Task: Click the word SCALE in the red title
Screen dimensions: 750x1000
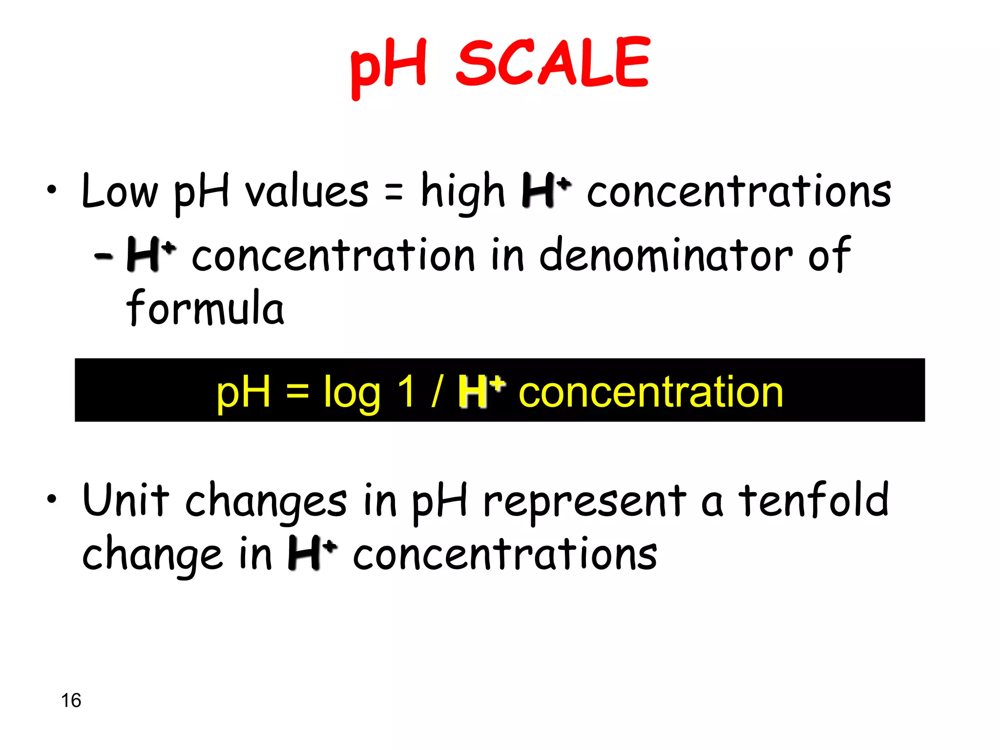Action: click(553, 63)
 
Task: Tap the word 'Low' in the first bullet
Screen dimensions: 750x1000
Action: click(120, 191)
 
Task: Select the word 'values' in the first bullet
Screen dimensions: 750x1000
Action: click(306, 191)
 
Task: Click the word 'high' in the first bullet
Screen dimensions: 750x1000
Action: click(462, 192)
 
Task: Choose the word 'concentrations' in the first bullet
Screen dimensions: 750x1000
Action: click(739, 192)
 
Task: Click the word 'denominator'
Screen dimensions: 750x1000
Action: click(666, 255)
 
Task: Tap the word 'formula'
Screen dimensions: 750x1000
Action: click(205, 308)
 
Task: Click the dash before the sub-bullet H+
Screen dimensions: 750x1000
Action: click(104, 255)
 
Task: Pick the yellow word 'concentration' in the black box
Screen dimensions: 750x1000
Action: click(650, 392)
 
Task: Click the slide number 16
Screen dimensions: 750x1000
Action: click(71, 700)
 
